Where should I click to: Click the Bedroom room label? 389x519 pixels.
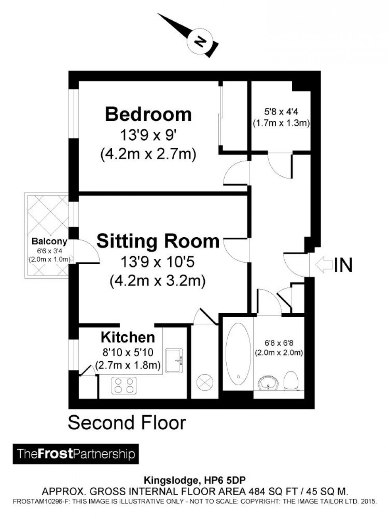pos(148,114)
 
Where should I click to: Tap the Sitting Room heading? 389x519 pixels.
pos(158,241)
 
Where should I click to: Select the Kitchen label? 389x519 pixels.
pos(127,337)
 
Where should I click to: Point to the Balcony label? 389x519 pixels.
pos(49,241)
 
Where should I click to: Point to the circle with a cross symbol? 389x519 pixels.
pos(205,383)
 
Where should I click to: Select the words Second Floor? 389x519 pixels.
pos(127,423)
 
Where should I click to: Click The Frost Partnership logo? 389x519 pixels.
pos(76,454)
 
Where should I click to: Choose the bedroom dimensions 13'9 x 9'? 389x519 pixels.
pos(148,136)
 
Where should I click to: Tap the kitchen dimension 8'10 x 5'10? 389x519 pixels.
pos(127,352)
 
